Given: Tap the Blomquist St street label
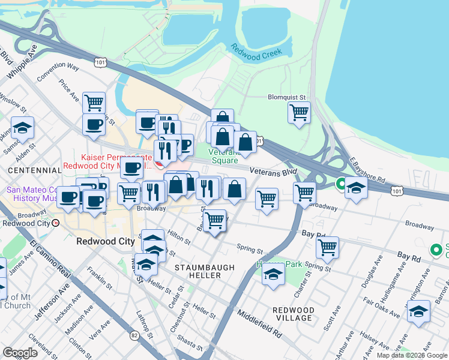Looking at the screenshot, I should coord(286,96).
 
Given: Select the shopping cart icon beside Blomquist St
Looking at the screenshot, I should coord(299,112).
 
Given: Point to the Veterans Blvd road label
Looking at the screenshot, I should coord(274,172).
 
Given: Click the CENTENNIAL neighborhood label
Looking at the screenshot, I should coord(32,171).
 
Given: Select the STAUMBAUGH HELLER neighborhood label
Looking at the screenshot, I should coord(198,271).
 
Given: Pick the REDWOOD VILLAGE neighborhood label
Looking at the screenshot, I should coord(293,314).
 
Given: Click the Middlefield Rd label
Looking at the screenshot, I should coord(259,322).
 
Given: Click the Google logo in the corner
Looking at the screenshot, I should coord(20,352).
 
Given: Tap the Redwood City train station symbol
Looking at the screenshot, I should coord(56,223).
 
